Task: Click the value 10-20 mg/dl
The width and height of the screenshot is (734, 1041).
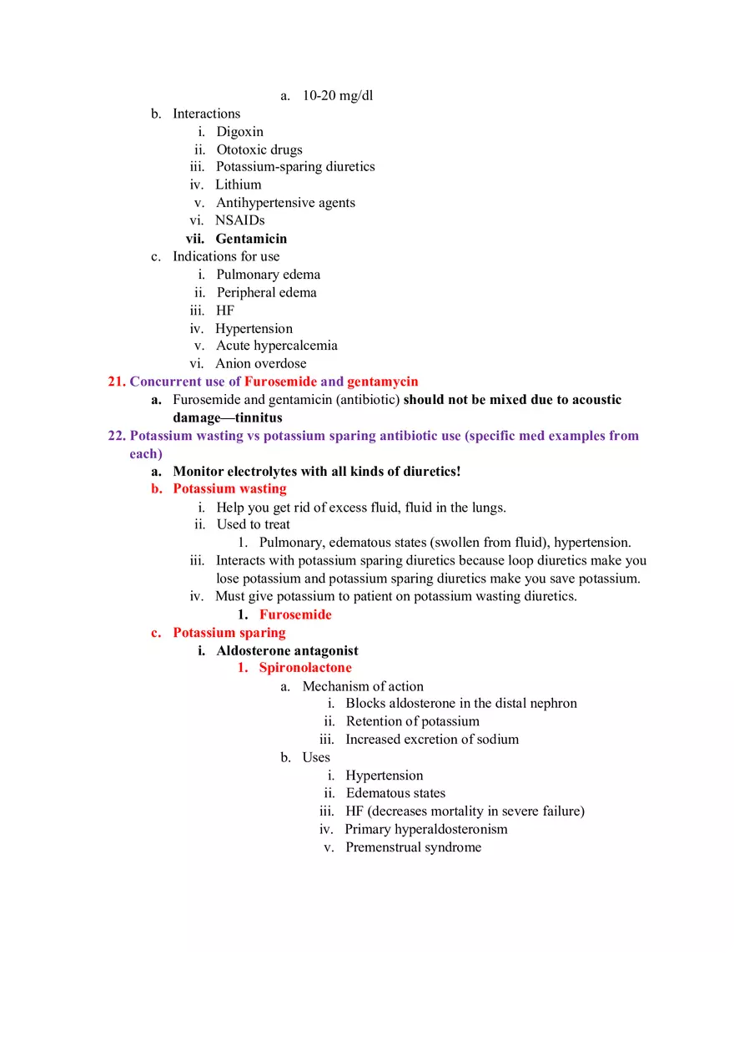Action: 338,95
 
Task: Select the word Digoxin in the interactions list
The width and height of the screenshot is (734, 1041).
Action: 239,131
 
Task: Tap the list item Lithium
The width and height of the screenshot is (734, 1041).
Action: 239,184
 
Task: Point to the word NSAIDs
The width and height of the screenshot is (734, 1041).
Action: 240,220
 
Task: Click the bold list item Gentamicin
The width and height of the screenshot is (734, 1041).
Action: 251,239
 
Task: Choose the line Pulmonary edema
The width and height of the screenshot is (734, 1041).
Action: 268,275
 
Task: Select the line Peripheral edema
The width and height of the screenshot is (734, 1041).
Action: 266,292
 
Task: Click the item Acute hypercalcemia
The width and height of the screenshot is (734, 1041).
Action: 277,346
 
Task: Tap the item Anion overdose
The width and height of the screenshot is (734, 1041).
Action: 261,363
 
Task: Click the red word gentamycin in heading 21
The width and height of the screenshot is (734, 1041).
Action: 383,382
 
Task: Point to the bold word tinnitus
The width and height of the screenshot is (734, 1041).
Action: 259,417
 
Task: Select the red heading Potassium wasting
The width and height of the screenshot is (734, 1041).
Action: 229,488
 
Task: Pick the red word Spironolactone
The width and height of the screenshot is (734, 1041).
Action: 305,668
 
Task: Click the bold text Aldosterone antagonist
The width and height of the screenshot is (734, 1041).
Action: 287,650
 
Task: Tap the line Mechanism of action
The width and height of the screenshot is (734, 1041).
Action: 363,686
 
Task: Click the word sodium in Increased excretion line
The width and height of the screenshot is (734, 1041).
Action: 497,739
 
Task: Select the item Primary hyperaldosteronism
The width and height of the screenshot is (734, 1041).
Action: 426,829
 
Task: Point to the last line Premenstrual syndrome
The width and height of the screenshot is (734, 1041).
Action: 413,847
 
